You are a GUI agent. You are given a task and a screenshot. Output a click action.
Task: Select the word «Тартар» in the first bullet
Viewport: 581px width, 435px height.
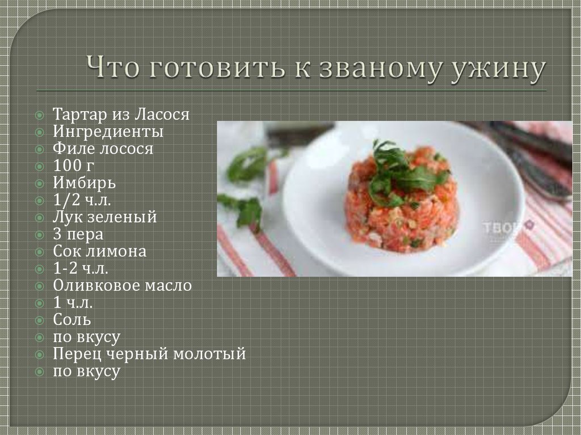click(79, 115)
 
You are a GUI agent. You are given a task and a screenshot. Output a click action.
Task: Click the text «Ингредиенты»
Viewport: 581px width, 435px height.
click(108, 132)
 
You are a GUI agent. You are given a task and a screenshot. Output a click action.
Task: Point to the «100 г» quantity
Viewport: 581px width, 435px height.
click(73, 165)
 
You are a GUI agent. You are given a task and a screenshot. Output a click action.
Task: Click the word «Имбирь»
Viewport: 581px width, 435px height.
click(84, 182)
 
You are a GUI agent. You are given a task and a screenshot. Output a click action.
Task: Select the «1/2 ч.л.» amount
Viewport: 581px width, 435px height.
click(82, 200)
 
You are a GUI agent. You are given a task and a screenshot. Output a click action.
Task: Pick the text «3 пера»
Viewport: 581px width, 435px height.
click(78, 235)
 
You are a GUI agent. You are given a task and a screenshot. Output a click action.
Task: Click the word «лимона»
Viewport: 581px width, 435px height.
click(116, 252)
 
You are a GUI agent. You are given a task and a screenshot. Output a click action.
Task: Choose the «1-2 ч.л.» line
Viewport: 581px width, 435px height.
click(81, 268)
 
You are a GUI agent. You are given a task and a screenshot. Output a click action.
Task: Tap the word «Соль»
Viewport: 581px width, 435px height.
click(72, 319)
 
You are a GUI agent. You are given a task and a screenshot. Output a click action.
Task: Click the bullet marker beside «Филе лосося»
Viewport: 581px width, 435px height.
click(40, 149)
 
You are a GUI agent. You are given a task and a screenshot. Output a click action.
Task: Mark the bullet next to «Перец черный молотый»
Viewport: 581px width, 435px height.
click(40, 354)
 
